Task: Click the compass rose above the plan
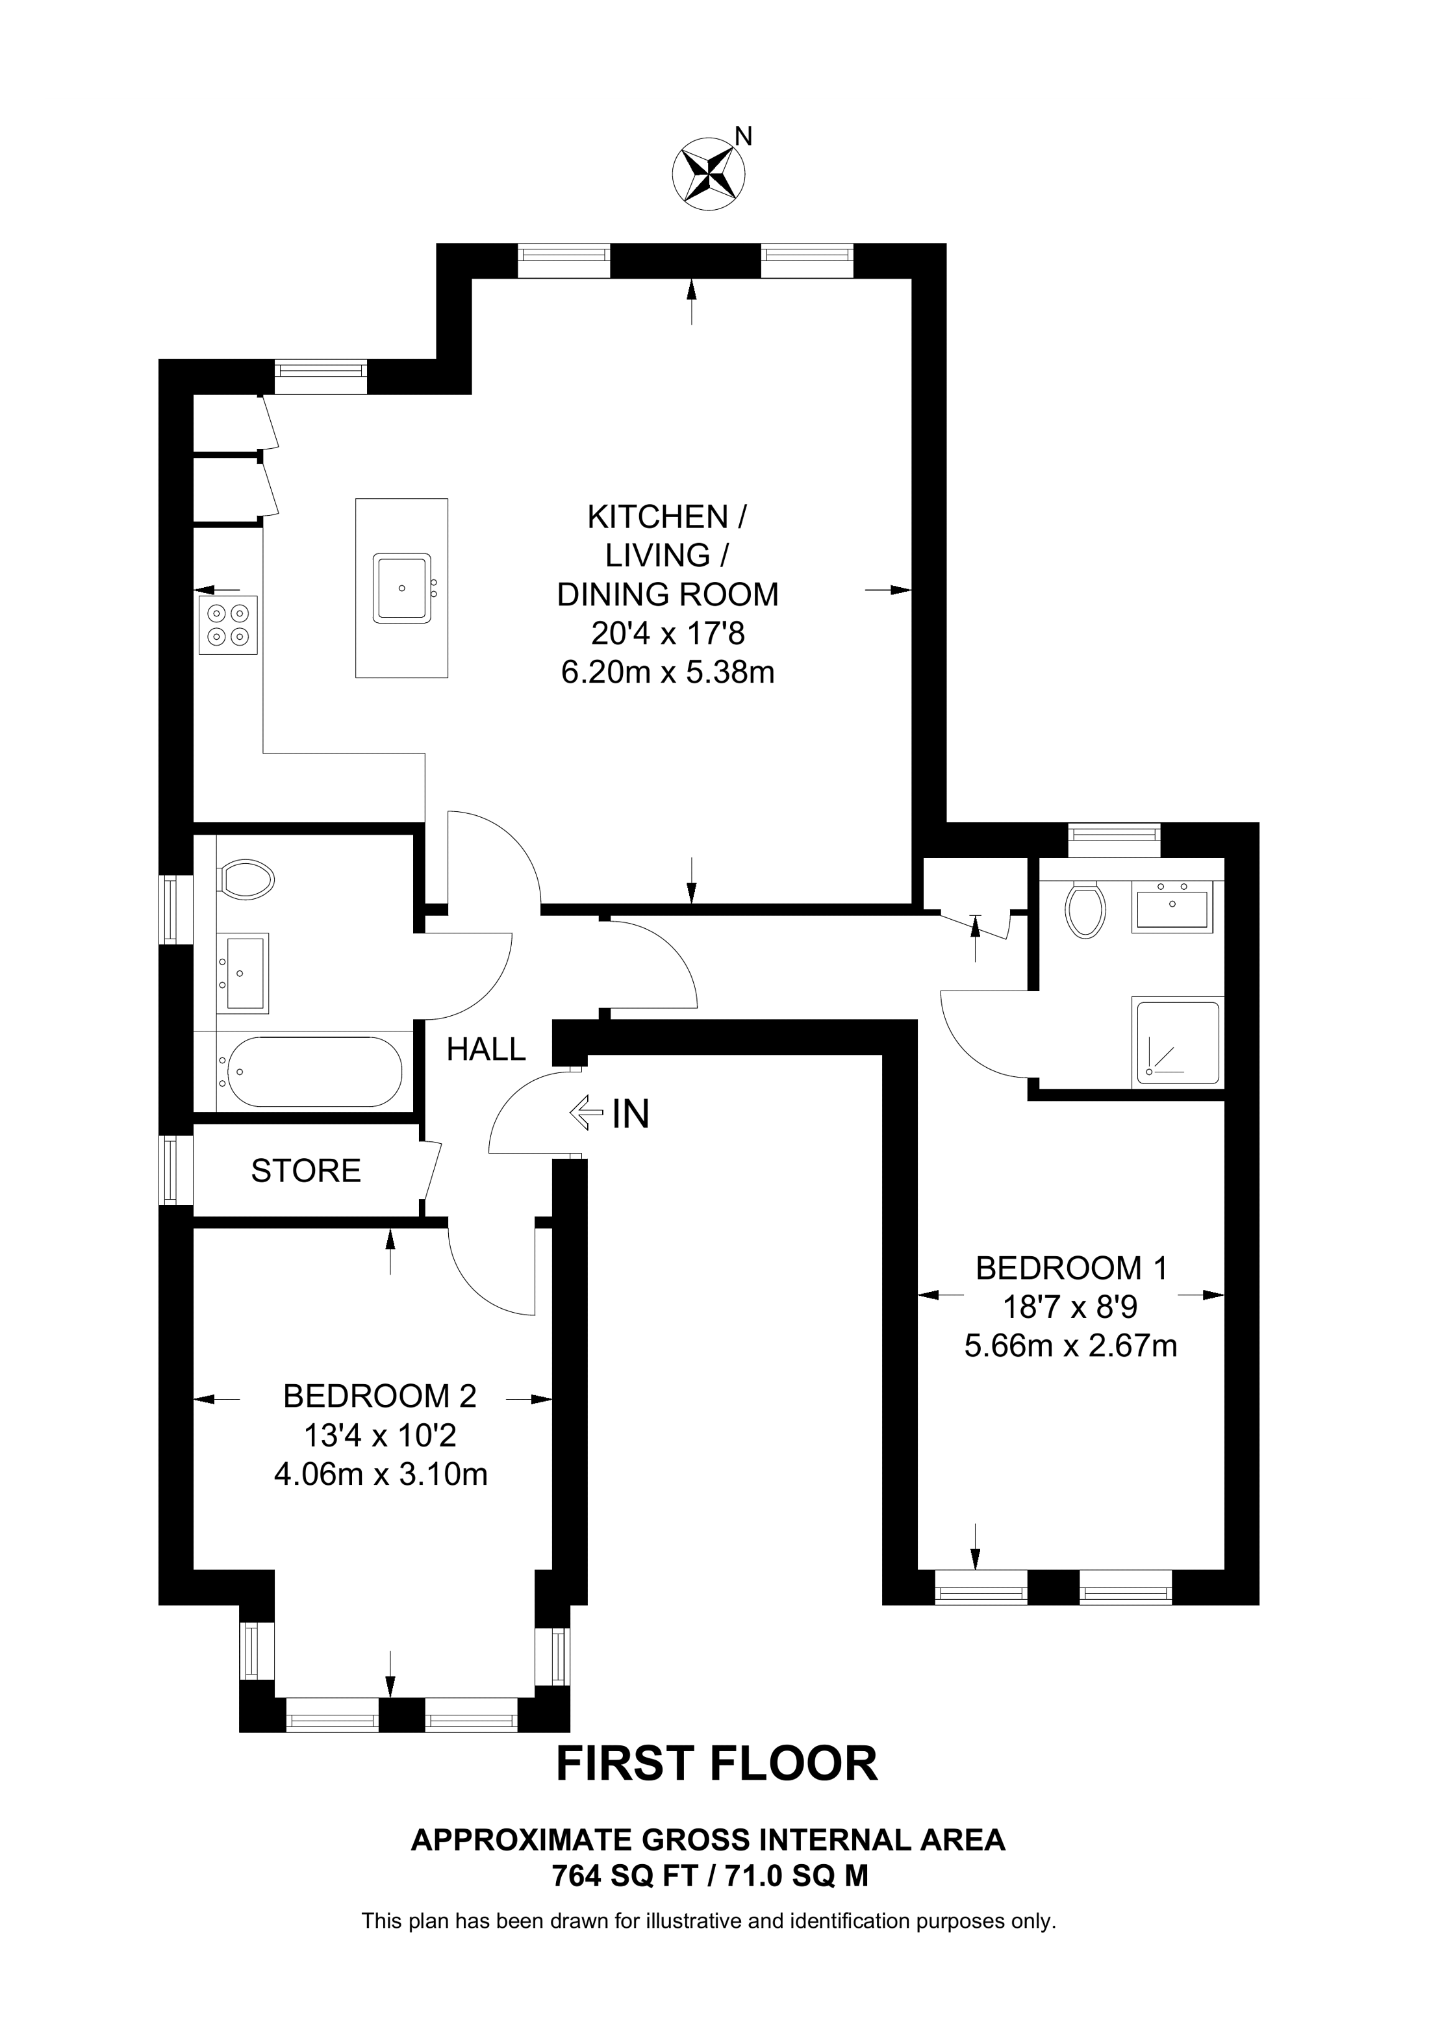click(x=709, y=173)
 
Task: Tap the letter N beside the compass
click(x=744, y=136)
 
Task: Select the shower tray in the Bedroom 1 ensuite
click(x=1177, y=1043)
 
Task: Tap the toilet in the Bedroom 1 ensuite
click(x=1085, y=910)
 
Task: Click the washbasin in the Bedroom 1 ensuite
click(x=1172, y=907)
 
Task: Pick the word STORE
click(x=307, y=1170)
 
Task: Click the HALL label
click(x=486, y=1049)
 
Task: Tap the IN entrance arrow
click(x=581, y=1113)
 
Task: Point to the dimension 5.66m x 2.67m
click(x=1070, y=1346)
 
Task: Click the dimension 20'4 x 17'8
click(x=668, y=633)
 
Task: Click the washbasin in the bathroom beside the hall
click(x=243, y=973)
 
